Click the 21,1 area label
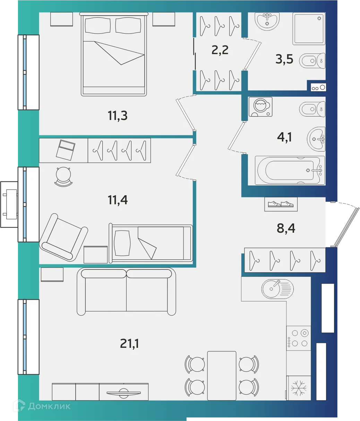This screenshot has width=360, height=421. tap(129, 344)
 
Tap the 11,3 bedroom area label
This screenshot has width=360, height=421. tap(118, 115)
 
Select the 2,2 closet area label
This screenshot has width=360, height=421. tap(220, 50)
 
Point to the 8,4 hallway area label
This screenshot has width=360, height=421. tap(286, 228)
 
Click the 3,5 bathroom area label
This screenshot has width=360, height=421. tap(284, 59)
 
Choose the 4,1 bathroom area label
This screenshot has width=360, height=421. tap(284, 137)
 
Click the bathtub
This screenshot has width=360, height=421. tap(290, 170)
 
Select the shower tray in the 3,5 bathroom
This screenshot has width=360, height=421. tap(309, 29)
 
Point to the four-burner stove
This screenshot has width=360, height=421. tap(299, 338)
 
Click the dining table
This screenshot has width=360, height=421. tap(222, 376)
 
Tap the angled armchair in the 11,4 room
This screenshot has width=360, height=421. tap(64, 237)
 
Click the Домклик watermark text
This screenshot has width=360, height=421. tap(49, 406)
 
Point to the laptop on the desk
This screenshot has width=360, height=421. tap(66, 149)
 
